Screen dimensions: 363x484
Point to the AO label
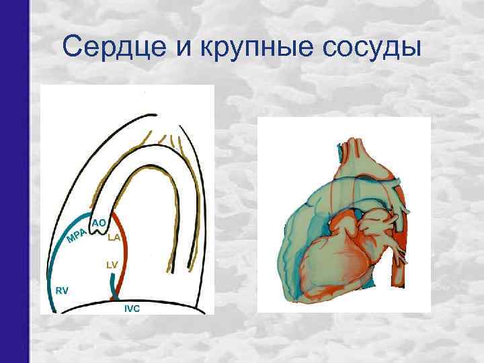click(99, 222)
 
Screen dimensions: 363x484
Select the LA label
click(113, 237)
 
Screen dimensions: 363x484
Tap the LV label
click(112, 265)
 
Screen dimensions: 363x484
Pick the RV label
click(62, 290)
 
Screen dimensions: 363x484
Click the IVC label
click(132, 309)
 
